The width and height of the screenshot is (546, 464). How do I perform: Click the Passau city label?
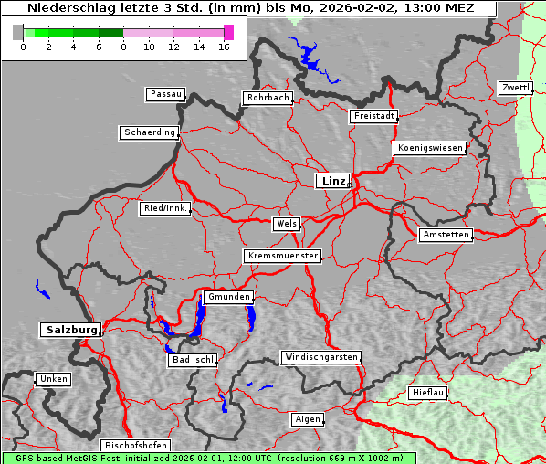click(165, 94)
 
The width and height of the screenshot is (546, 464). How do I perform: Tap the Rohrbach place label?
click(267, 98)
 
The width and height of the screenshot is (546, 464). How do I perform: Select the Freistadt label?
click(373, 116)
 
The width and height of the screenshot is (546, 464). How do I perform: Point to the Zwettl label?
click(515, 88)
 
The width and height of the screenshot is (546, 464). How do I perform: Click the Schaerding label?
click(149, 132)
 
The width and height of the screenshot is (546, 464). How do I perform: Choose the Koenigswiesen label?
click(430, 148)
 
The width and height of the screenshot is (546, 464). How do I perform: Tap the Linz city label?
click(332, 181)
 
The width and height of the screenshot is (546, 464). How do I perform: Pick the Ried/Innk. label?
click(165, 208)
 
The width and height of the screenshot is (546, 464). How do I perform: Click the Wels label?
click(286, 224)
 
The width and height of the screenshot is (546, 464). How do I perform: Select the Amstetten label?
click(446, 235)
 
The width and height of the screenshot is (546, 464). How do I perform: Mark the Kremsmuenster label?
click(283, 256)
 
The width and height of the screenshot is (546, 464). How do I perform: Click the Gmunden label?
click(227, 297)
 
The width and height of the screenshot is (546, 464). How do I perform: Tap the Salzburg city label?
click(70, 330)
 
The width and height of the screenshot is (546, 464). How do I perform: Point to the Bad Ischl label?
click(193, 360)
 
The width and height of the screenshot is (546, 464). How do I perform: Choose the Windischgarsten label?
click(320, 357)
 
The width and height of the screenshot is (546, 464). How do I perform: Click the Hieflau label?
click(428, 392)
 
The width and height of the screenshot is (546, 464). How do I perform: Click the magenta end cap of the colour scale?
click(228, 32)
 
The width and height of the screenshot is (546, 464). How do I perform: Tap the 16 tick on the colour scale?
click(225, 46)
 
